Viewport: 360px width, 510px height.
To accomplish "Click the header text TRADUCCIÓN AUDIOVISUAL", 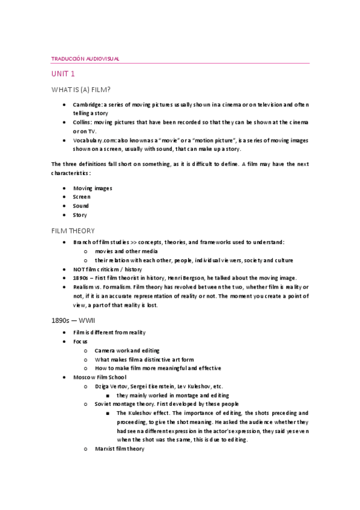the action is click(85, 58).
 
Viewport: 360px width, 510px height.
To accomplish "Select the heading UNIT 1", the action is click(63, 74).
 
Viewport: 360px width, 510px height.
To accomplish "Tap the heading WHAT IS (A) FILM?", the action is click(81, 90).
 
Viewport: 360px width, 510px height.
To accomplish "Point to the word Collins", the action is click(83, 122).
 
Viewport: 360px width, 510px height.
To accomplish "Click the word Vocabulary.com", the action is click(94, 140).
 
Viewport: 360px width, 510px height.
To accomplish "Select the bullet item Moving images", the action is click(93, 188).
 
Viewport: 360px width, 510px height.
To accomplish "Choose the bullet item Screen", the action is click(82, 197).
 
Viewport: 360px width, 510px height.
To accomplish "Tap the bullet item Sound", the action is click(81, 206).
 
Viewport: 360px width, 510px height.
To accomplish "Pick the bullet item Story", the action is click(80, 215).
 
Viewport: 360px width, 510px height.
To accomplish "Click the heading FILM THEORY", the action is click(73, 230).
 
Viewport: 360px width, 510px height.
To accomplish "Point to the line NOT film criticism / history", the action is click(108, 269).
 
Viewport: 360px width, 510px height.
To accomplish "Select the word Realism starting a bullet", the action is click(85, 287).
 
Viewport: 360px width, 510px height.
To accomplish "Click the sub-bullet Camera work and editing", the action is click(126, 350).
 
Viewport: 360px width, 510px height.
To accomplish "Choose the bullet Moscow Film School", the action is click(100, 377).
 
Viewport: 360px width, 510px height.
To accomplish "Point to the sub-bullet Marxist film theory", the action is click(119, 449).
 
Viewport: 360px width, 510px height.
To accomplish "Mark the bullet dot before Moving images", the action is click(64, 188).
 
